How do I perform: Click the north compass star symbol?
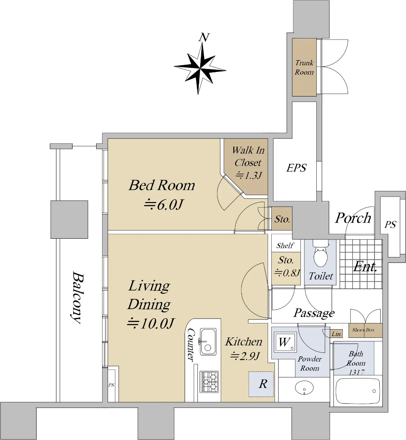pyautogui.click(x=200, y=69)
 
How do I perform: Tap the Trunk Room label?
pyautogui.click(x=304, y=67)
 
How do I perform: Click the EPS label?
pyautogui.click(x=296, y=168)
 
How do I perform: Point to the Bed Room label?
pyautogui.click(x=162, y=185)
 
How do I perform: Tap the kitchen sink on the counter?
pyautogui.click(x=208, y=341)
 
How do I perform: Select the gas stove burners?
pyautogui.click(x=209, y=381)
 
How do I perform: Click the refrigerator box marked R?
pyautogui.click(x=261, y=384)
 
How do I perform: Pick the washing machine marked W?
pyautogui.click(x=285, y=342)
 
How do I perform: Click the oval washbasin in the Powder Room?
pyautogui.click(x=304, y=388)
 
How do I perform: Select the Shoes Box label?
pyautogui.click(x=363, y=330)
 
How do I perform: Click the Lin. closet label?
pyautogui.click(x=336, y=334)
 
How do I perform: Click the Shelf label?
pyautogui.click(x=285, y=245)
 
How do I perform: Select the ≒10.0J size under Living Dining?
pyautogui.click(x=151, y=323)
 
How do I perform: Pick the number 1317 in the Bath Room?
pyautogui.click(x=357, y=373)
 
